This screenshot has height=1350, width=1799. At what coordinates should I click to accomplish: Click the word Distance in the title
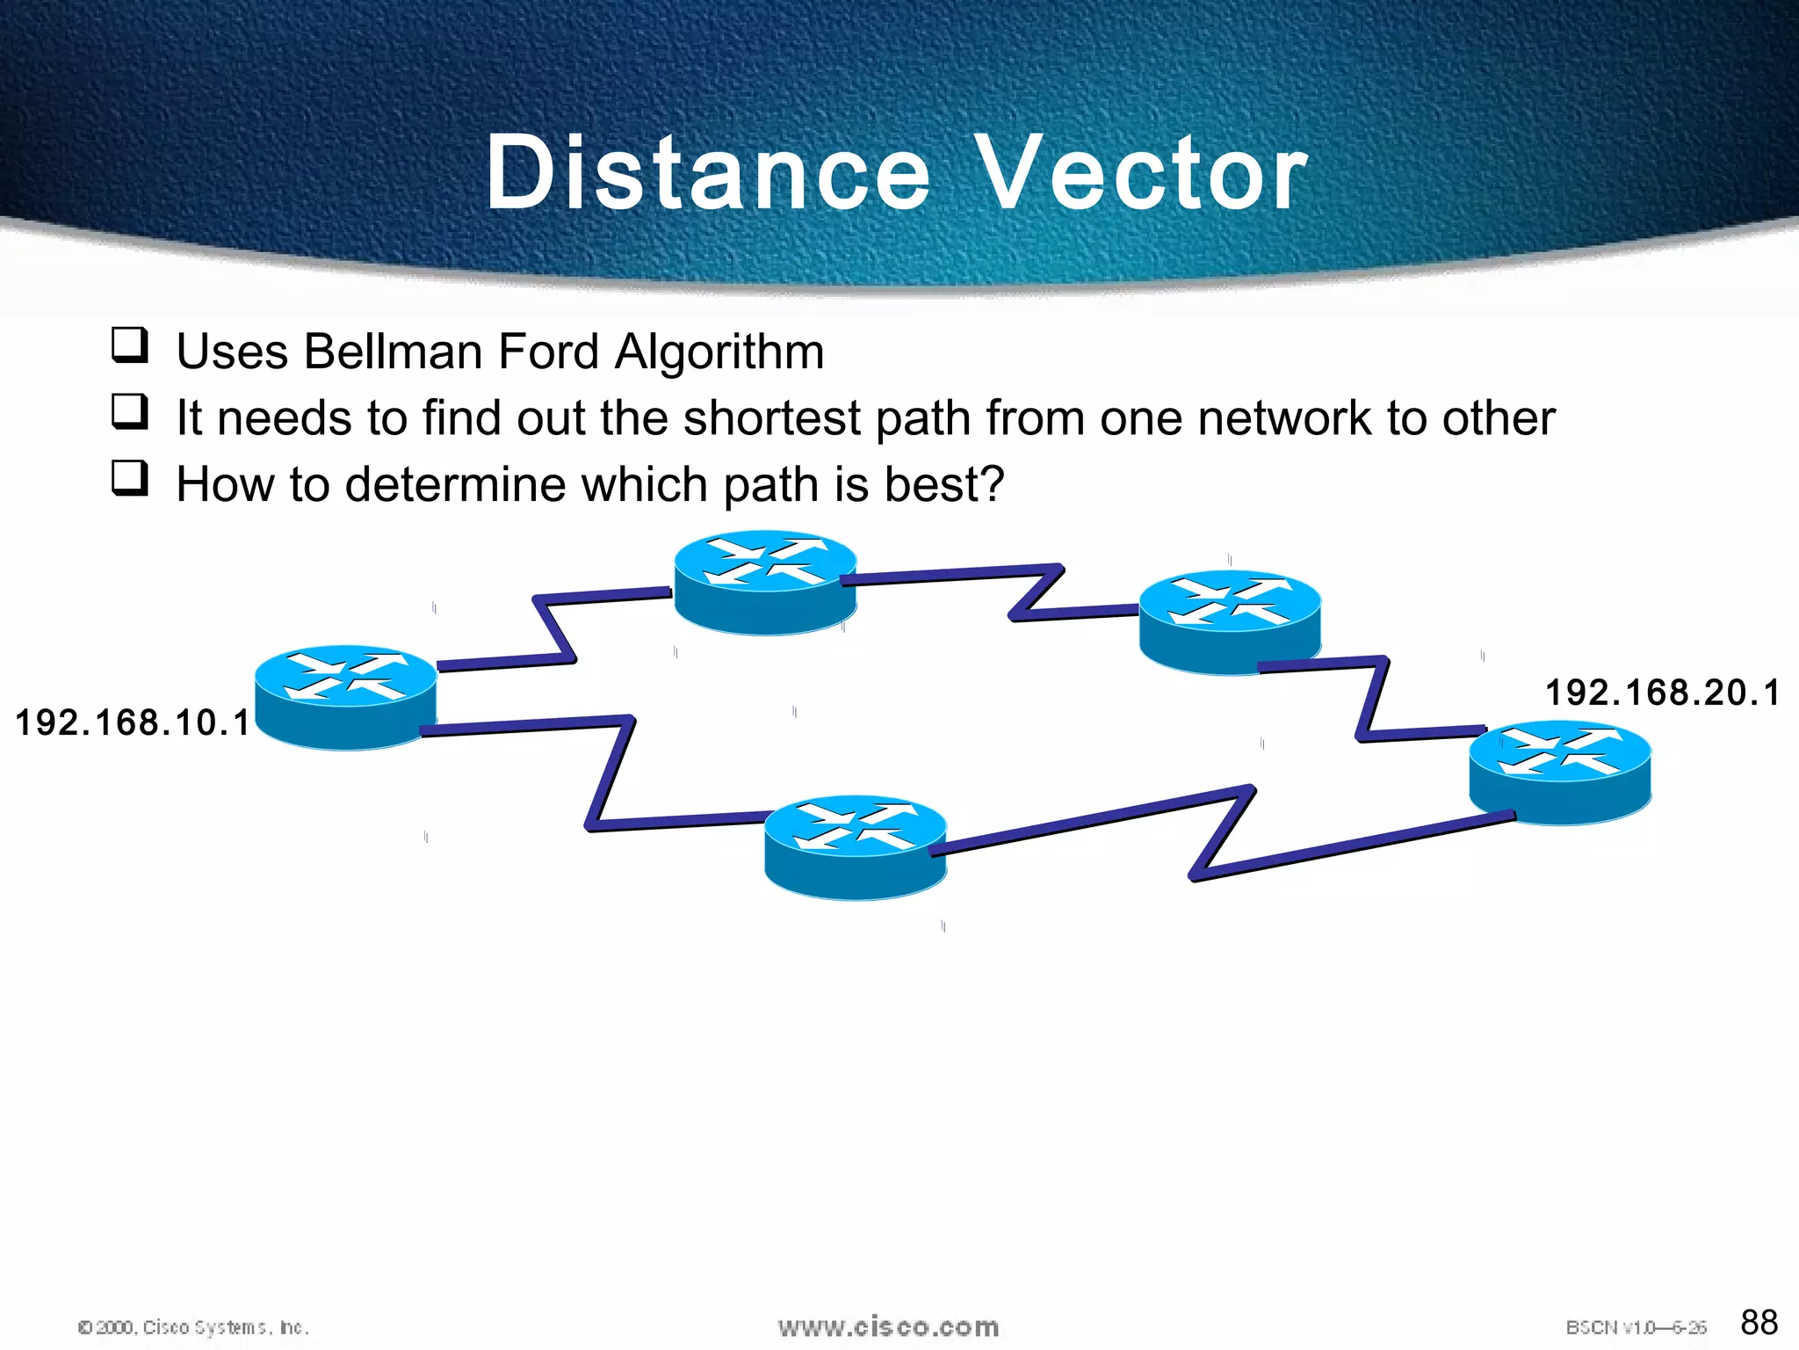707,173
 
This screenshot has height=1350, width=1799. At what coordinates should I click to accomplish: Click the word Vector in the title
1142,173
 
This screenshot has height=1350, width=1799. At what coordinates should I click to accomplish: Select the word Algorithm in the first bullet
719,352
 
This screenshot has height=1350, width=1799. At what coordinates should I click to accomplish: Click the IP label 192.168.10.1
133,722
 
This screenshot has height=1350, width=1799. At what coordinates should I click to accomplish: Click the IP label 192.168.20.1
1662,693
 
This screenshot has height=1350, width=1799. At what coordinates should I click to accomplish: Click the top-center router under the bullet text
765,582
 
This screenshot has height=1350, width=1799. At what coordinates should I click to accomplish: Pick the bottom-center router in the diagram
855,848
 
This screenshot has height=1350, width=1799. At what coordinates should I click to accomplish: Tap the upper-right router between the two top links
1230,622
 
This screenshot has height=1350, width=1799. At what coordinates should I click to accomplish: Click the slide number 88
1759,1322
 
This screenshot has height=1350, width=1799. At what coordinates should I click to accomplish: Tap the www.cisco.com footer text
888,1327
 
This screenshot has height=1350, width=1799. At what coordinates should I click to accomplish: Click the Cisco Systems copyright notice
193,1327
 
